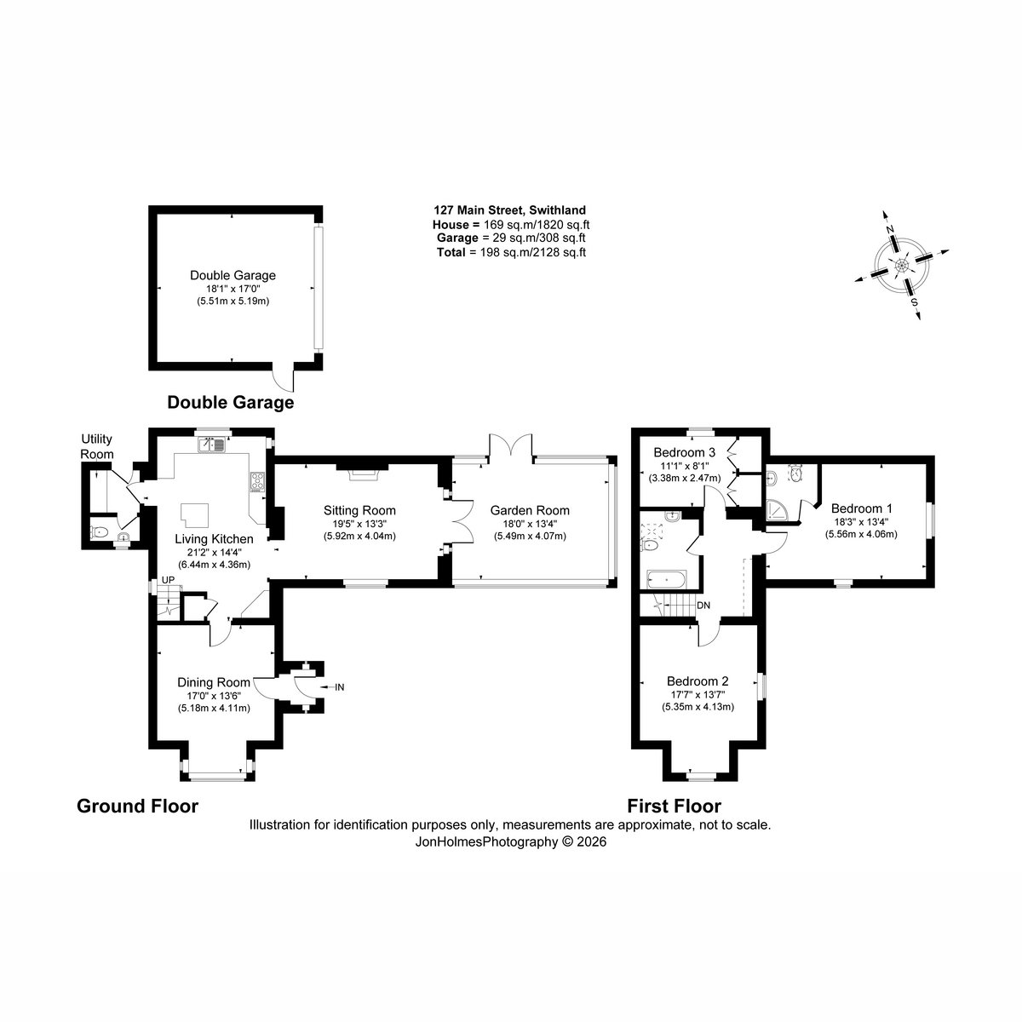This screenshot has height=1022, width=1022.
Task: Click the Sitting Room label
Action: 359,511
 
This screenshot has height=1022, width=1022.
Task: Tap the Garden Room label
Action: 530,511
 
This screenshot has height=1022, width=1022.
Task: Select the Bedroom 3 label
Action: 684,452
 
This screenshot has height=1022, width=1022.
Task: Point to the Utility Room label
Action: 97,446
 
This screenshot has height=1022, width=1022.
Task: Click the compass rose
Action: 902,265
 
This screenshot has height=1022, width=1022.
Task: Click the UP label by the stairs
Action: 168,580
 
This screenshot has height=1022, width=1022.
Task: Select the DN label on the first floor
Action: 703,606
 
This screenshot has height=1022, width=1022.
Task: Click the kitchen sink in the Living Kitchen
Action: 212,445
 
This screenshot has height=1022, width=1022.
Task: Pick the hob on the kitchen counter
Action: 257,482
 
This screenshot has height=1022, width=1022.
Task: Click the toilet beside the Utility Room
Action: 99,531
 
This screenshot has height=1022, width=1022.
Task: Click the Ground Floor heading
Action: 137,807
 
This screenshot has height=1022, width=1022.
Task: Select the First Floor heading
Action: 674,807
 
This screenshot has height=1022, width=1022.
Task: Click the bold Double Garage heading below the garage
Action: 231,403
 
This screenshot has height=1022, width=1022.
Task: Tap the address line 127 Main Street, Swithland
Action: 509,210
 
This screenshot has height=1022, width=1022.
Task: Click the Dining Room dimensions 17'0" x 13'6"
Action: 214,695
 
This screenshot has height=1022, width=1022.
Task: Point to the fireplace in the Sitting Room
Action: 362,472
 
